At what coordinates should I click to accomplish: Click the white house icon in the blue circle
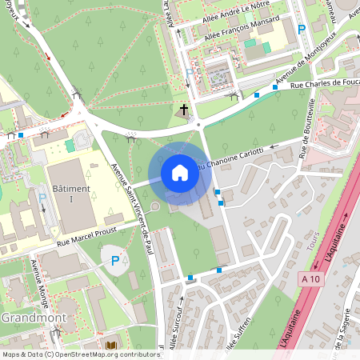coord(179,173)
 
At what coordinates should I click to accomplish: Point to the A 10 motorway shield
coord(313,278)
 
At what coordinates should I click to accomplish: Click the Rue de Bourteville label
coord(307,126)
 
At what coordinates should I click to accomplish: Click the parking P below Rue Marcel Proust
coord(115,260)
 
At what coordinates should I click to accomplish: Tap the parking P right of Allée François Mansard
coord(302,29)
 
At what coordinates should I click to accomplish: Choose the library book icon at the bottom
coord(110,345)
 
